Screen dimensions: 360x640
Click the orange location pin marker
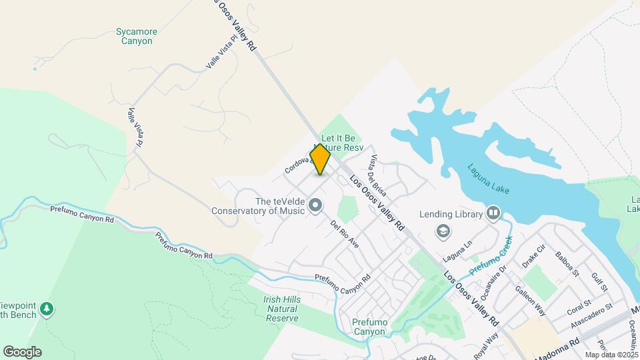coord(320,159)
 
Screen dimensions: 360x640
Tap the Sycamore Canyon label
coord(134,36)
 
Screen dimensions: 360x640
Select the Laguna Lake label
coord(488,179)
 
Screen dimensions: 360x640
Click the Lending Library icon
coord(493,214)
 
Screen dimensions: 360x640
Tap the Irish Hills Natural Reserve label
coord(283,309)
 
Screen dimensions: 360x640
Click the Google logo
coord(22,351)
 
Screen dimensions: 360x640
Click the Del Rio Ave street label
coord(345,233)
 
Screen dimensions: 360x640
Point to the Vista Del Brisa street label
coord(378,175)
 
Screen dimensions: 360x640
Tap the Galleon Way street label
coord(531,301)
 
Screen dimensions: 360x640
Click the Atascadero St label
coord(592,317)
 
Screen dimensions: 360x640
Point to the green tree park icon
coord(47,309)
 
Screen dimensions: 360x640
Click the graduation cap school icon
coord(441,231)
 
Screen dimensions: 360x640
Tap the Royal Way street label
coord(487,345)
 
